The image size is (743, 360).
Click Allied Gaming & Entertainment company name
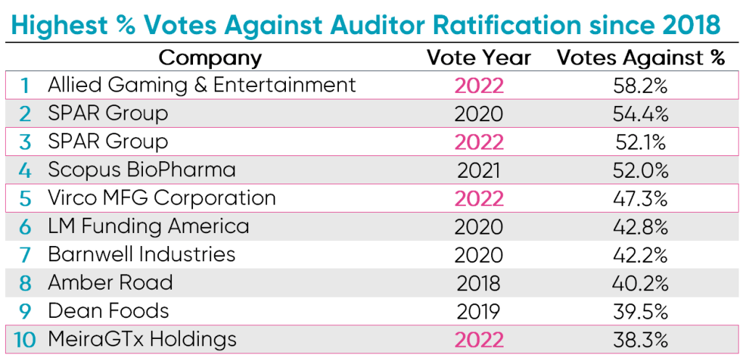(x=202, y=85)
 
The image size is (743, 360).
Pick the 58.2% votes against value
(x=641, y=86)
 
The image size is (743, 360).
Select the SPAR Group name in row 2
(x=107, y=113)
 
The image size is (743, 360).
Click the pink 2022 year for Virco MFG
(x=478, y=198)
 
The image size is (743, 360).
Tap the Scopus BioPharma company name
(x=141, y=170)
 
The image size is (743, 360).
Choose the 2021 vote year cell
(x=478, y=171)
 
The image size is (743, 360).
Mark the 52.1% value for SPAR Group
(x=641, y=142)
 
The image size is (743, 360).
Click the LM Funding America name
(x=148, y=226)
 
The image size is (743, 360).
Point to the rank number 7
(x=25, y=255)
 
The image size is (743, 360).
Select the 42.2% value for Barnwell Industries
(x=641, y=255)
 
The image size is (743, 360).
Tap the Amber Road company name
(x=110, y=282)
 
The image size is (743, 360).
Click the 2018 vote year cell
(x=478, y=283)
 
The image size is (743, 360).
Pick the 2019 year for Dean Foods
(x=478, y=311)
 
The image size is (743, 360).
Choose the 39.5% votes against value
(x=641, y=311)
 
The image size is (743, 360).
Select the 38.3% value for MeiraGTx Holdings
(x=641, y=340)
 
